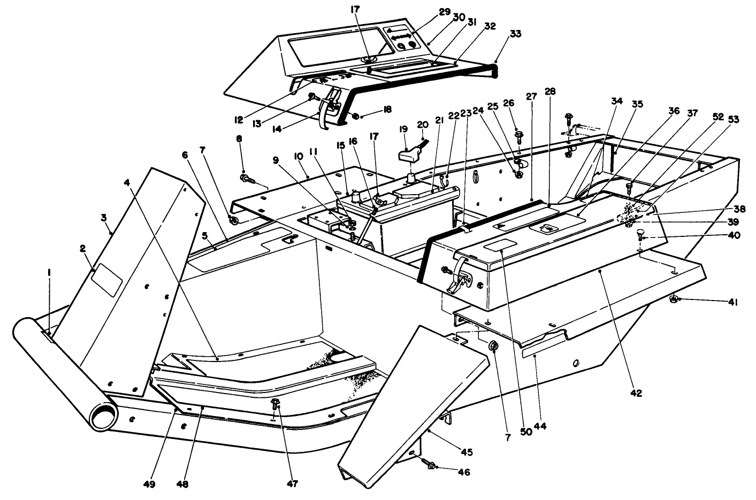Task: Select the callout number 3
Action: tap(104, 218)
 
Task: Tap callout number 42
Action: tap(635, 393)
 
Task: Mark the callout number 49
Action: tap(149, 484)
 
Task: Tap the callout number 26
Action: tap(508, 103)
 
